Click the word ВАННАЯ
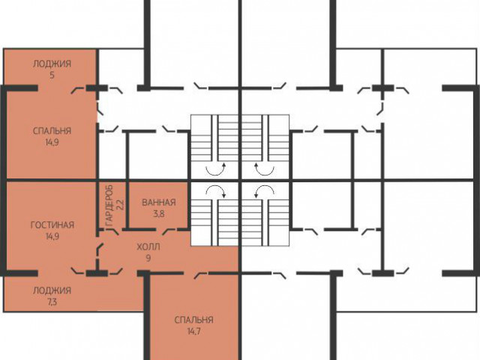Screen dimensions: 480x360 tap(158, 202)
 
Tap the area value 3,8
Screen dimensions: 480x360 tap(158, 214)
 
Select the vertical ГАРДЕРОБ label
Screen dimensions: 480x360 tap(109, 205)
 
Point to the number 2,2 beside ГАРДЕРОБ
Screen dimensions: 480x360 tap(120, 205)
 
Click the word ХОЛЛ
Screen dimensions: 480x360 tap(148, 247)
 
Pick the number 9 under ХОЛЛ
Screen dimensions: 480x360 tap(148, 258)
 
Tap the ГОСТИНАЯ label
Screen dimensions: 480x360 tap(52, 225)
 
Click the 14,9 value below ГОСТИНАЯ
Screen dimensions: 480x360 tap(52, 236)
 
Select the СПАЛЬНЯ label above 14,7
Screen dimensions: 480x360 tap(193, 320)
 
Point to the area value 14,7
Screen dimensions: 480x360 tap(193, 331)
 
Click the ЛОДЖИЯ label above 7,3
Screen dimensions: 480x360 tap(52, 290)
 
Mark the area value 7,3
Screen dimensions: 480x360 tap(52, 302)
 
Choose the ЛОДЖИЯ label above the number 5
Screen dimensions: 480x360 tap(52, 64)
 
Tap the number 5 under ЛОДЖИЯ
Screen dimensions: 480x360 tap(52, 75)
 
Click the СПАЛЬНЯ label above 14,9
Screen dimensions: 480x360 tap(52, 131)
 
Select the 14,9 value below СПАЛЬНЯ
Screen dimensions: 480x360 tap(52, 142)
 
